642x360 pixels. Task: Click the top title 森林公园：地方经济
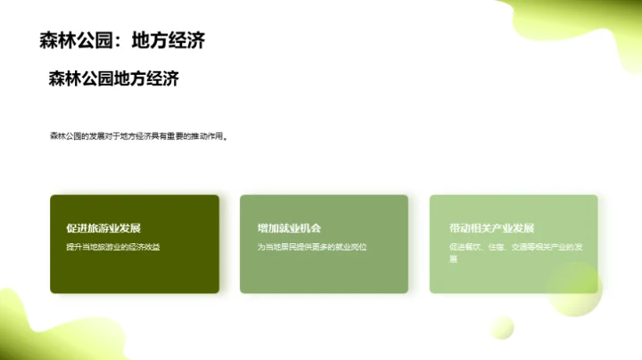pos(123,41)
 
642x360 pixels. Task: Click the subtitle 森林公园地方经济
pos(114,78)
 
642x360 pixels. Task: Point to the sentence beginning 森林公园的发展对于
pos(138,136)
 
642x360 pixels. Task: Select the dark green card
pos(135,267)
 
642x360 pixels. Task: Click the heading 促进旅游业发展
pos(103,228)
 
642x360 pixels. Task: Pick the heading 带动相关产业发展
pos(491,228)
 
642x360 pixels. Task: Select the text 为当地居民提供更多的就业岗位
pos(312,246)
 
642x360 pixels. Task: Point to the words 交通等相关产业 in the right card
pos(535,246)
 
